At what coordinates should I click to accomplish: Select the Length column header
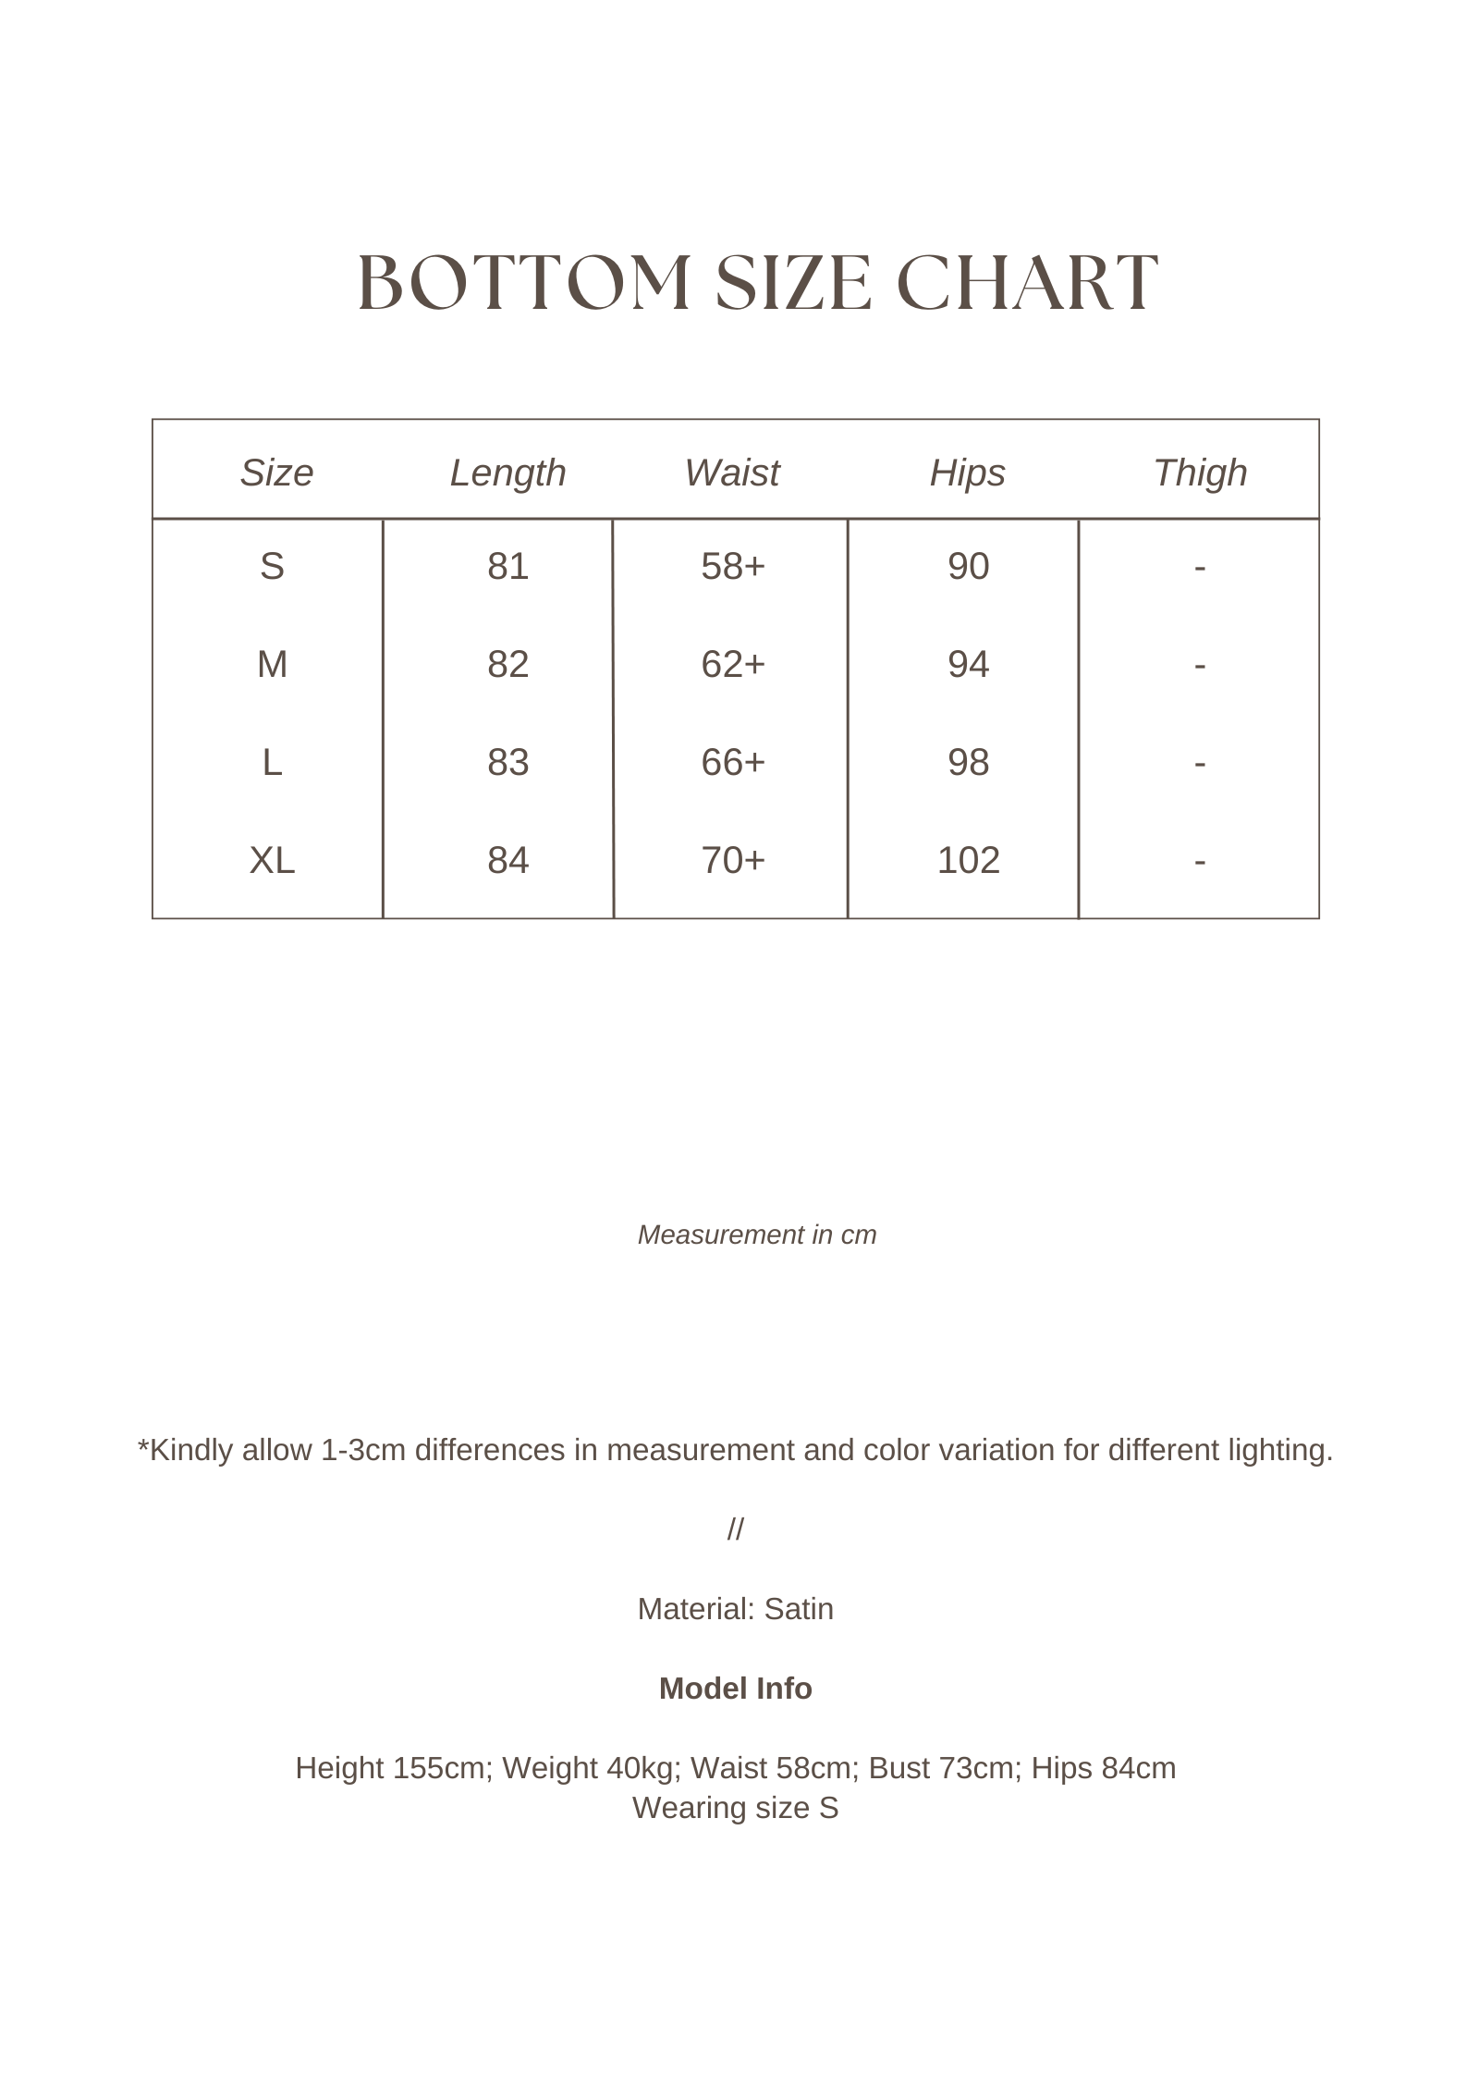[507, 473]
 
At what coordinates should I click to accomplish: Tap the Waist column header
[731, 473]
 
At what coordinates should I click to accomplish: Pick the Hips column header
[967, 473]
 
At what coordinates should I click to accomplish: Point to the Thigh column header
[1200, 473]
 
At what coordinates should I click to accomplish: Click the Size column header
[276, 473]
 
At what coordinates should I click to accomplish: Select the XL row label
[272, 860]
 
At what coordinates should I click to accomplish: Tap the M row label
[272, 664]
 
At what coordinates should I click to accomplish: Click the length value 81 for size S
[507, 566]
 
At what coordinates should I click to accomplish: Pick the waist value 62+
[733, 664]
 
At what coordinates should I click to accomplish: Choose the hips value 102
[968, 860]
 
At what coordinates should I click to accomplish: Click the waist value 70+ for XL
[733, 860]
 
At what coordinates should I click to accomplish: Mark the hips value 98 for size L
[968, 762]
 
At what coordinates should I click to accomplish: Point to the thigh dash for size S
[1200, 566]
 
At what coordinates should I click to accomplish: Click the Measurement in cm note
[757, 1235]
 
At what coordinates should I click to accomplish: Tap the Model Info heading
[735, 1689]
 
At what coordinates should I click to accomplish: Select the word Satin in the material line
[799, 1609]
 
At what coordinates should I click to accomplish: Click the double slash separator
[735, 1529]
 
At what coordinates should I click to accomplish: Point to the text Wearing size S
[735, 1808]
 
